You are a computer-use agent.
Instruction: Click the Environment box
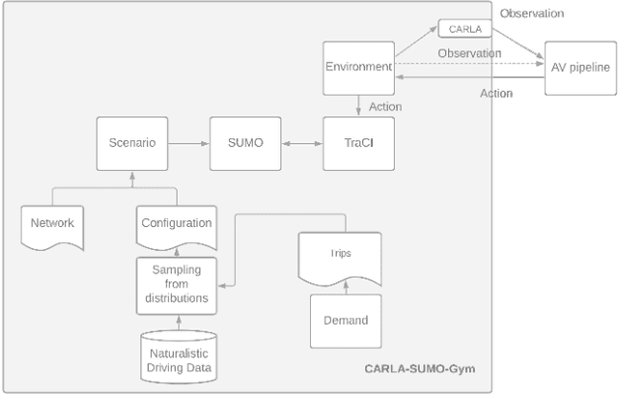pos(357,68)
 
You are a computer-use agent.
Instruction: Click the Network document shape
pos(52,224)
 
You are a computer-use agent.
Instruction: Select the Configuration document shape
pos(176,224)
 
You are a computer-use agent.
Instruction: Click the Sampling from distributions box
pos(176,285)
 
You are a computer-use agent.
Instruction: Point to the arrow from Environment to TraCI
pos(357,105)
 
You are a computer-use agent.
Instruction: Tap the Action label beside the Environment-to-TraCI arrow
pos(385,106)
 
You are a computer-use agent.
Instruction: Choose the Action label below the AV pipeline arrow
pos(496,94)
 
